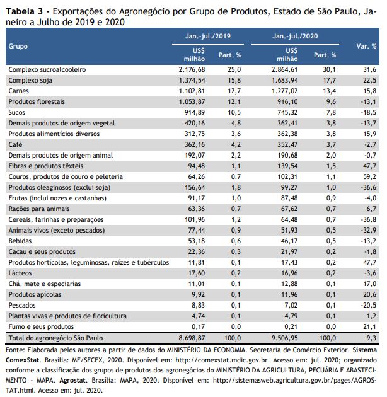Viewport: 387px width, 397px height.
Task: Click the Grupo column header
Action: click(18, 47)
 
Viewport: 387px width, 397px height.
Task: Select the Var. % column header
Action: click(366, 47)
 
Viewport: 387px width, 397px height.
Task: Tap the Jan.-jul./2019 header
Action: click(208, 36)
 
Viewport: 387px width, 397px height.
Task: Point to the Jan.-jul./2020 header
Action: click(295, 36)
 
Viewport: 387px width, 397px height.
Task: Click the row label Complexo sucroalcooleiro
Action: click(47, 69)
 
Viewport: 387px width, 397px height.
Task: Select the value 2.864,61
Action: click(285, 69)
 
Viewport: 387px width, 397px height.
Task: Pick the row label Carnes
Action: click(18, 91)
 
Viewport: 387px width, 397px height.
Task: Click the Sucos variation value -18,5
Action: click(369, 112)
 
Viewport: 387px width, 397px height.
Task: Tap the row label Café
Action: click(15, 144)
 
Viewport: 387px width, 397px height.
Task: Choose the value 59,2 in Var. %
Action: click(370, 176)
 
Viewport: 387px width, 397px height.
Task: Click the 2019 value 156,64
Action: click(195, 187)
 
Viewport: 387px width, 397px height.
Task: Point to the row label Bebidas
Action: click(20, 241)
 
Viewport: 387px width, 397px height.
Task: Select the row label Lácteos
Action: click(20, 273)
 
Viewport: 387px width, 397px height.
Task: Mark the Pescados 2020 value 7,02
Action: click(291, 305)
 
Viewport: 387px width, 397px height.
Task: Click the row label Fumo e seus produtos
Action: click(41, 326)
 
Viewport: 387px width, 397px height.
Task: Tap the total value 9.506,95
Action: click(285, 338)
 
